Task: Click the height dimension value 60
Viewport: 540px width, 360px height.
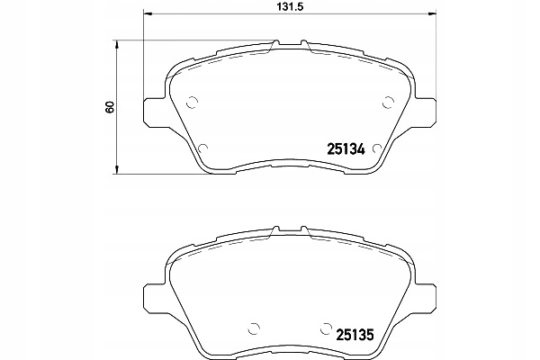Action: (x=109, y=106)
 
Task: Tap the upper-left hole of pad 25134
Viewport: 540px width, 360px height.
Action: (x=191, y=101)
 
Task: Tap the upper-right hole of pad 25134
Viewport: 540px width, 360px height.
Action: (x=388, y=101)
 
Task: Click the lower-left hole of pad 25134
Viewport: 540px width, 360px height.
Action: (x=202, y=148)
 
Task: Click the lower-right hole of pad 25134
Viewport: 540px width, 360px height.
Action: (x=376, y=148)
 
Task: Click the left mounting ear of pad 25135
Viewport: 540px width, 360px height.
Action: (x=153, y=293)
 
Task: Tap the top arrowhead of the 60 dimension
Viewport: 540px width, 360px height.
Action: (x=116, y=42)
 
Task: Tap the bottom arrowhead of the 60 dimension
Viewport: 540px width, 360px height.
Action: (x=116, y=171)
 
